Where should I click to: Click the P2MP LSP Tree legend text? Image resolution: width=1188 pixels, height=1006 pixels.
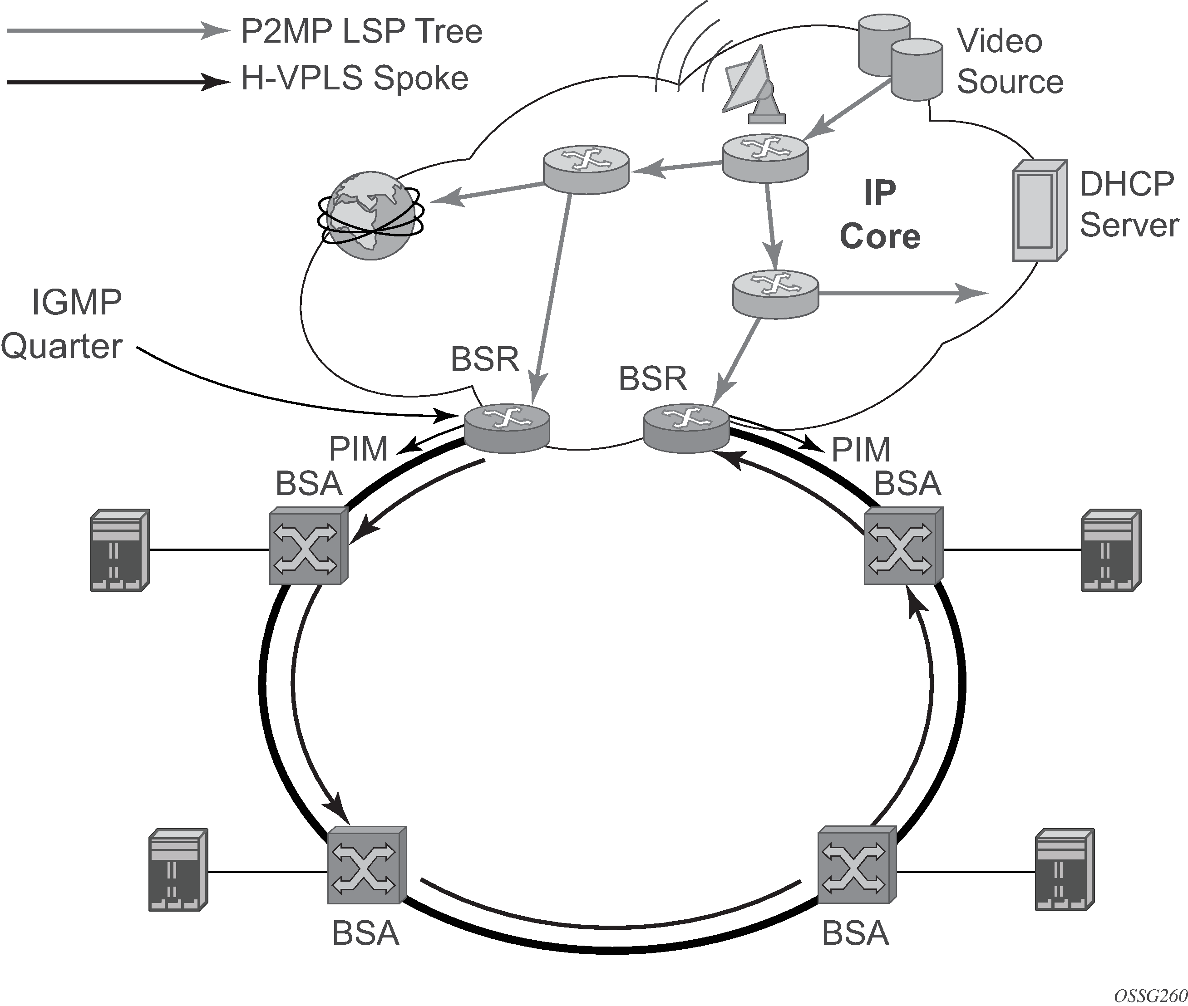pos(361,31)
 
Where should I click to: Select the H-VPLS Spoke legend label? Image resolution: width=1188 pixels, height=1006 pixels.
pos(355,78)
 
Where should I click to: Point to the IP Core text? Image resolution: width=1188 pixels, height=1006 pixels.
pos(879,215)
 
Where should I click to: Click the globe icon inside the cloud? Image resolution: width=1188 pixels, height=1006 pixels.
pos(371,217)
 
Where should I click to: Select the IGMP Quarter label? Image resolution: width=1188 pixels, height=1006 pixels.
pos(63,324)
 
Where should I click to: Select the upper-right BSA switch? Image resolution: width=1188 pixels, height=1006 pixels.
pos(903,546)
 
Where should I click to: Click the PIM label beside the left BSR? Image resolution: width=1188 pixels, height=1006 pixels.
pos(358,449)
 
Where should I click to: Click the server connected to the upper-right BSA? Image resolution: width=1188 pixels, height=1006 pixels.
pos(1111,550)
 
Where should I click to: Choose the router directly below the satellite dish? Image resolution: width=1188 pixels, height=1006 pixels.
pos(765,157)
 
